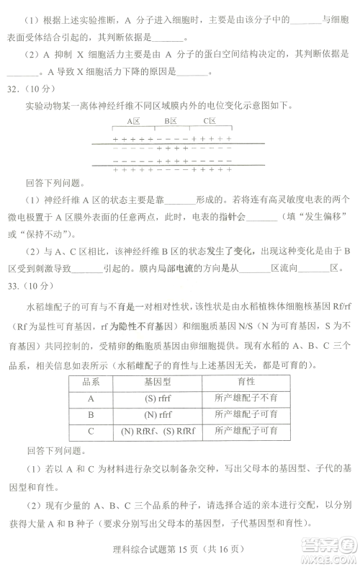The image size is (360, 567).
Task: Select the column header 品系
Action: (91, 381)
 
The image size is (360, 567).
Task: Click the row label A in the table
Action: (91, 398)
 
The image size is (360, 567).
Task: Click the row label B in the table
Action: (91, 414)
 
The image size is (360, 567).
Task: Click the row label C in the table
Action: (91, 431)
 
